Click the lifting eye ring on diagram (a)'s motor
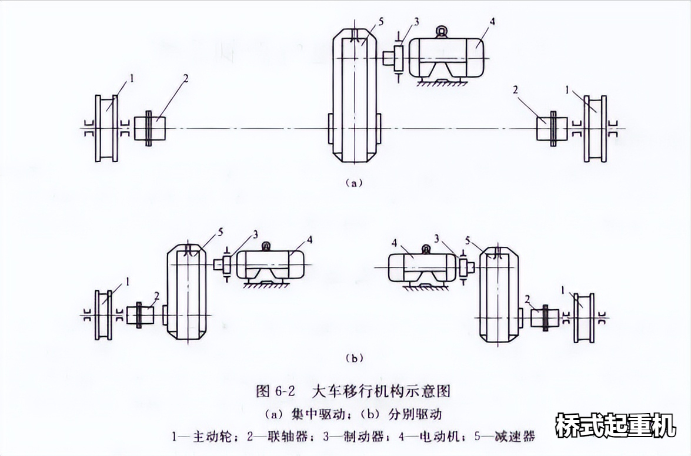click(x=440, y=31)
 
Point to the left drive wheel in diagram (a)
click(x=106, y=129)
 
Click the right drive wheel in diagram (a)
click(x=595, y=129)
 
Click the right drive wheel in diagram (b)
click(x=583, y=317)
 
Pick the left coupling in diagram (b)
click(x=140, y=315)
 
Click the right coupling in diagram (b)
click(x=545, y=317)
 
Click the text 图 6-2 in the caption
click(x=275, y=391)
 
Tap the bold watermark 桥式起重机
click(x=616, y=425)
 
